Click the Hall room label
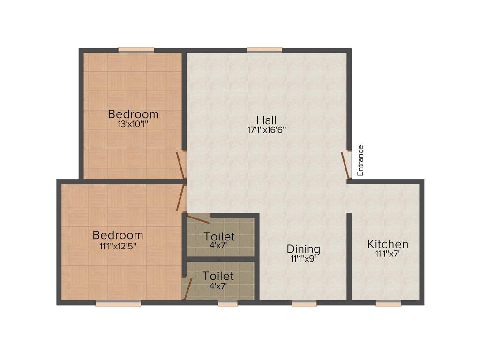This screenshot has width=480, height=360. (266, 120)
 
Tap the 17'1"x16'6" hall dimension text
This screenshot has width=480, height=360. (266, 130)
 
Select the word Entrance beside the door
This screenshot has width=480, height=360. (360, 160)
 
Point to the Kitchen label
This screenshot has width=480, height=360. (388, 244)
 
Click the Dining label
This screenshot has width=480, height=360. (303, 249)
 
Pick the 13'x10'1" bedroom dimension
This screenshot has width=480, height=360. (133, 124)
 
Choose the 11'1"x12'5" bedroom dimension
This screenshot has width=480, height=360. (118, 245)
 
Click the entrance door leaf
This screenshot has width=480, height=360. (346, 165)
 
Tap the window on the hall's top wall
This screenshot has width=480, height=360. (265, 50)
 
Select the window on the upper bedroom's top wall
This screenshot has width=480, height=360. (136, 50)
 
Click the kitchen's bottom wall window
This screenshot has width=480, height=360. (388, 304)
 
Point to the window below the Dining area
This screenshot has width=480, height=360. (304, 304)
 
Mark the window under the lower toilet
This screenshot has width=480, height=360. (228, 304)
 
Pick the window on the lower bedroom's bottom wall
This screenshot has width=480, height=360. (118, 304)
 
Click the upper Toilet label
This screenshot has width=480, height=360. (219, 237)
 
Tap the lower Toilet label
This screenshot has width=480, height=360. (218, 276)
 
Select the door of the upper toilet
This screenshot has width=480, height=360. (197, 218)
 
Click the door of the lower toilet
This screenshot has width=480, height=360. (187, 288)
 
